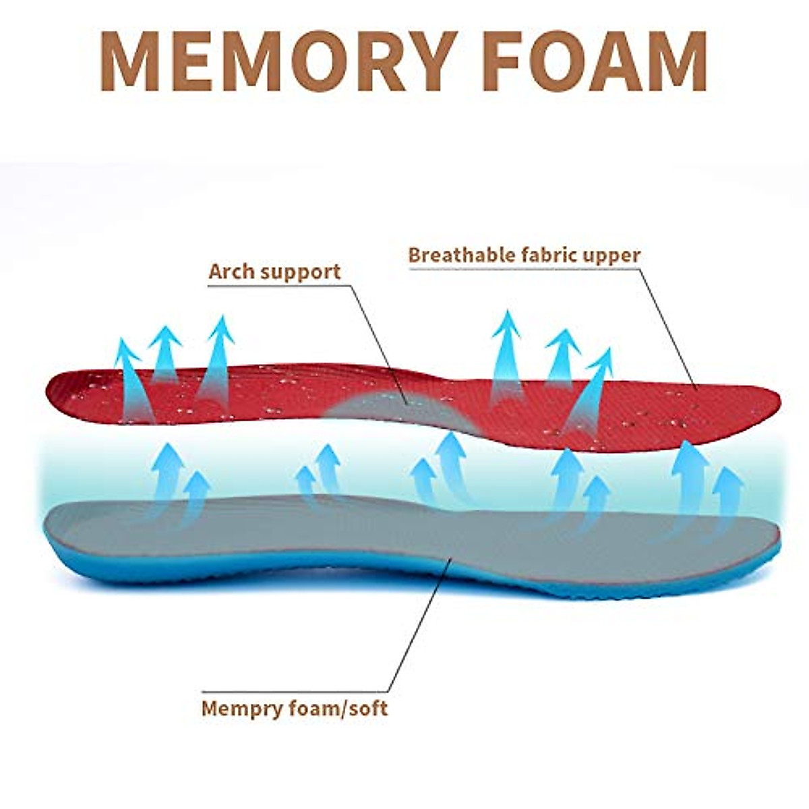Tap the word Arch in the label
(231, 272)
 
